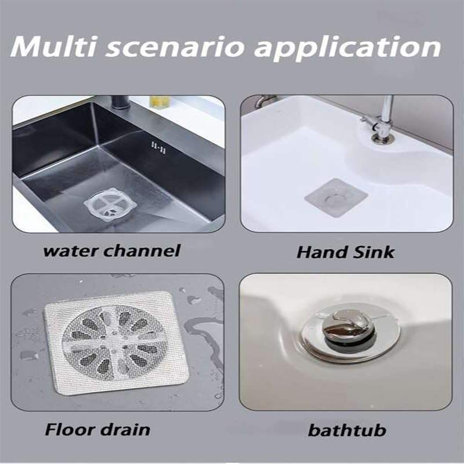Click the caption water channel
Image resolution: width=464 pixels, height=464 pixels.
point(112,251)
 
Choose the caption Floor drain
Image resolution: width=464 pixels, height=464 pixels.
point(97,430)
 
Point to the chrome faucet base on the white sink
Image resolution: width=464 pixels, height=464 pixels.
point(381,136)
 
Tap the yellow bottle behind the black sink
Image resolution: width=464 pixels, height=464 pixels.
point(158,101)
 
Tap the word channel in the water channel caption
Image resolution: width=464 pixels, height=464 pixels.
point(148,251)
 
